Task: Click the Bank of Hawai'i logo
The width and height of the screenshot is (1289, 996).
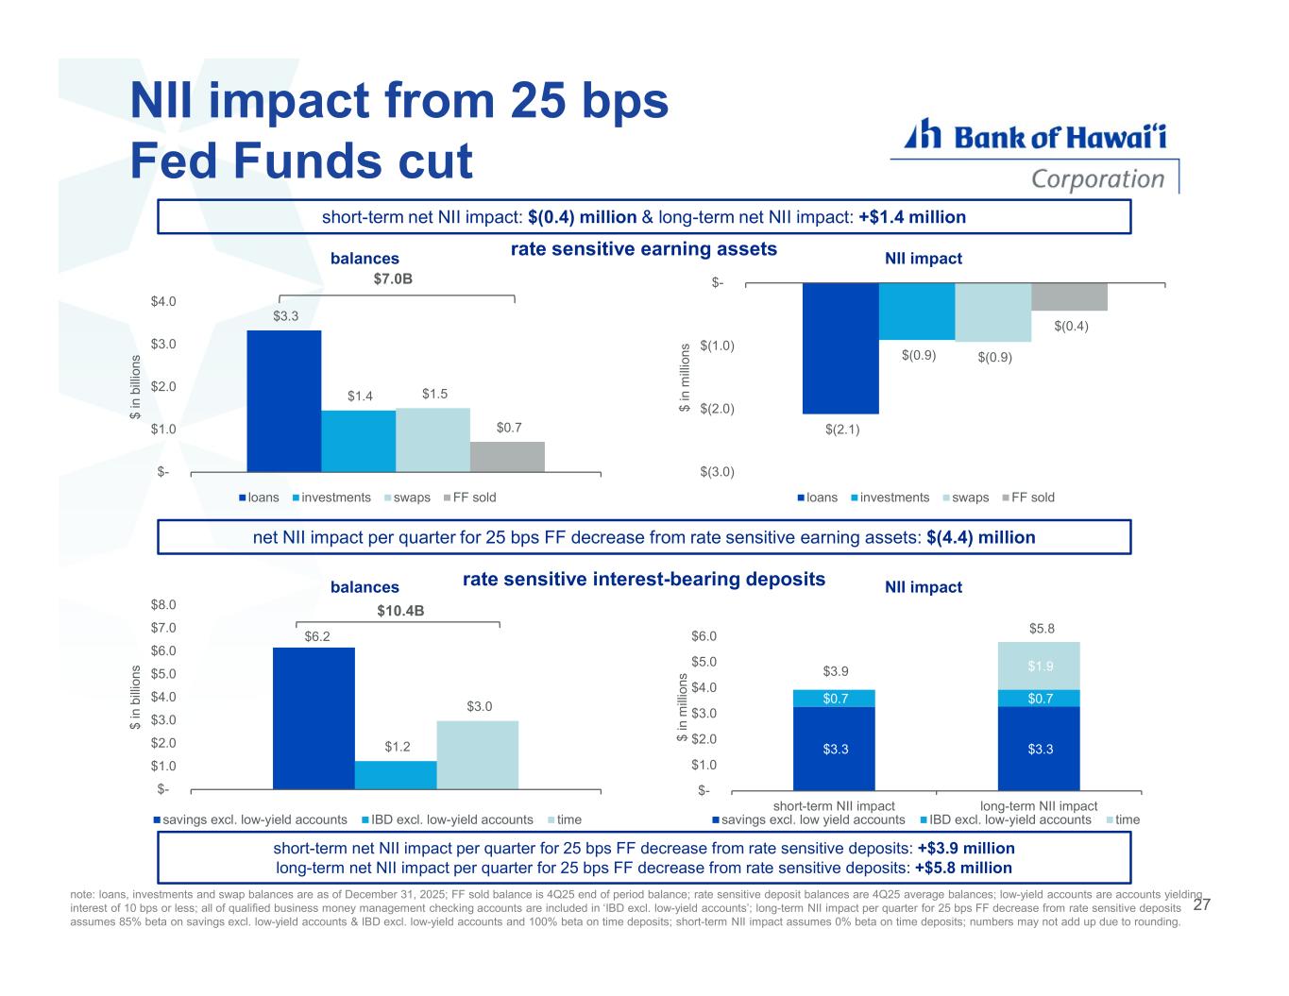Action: tap(1035, 156)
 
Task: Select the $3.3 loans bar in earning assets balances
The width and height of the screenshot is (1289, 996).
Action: tap(283, 400)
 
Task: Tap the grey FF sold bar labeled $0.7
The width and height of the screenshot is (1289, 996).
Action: tap(507, 456)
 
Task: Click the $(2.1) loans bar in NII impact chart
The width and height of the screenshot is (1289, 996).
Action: tap(840, 348)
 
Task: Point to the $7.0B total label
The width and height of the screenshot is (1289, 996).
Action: tap(394, 279)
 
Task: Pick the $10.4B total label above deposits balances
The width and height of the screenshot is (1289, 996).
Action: tap(400, 611)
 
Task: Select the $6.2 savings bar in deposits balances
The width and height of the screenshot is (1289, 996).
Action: tap(314, 717)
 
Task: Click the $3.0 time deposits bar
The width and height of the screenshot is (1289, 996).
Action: tap(477, 754)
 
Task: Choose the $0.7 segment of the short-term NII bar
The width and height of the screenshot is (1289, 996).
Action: tap(834, 699)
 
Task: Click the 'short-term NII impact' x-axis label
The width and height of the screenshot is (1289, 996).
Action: tap(834, 805)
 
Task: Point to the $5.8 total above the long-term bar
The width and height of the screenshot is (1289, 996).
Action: tap(1042, 629)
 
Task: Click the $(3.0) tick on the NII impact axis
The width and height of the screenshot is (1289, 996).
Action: tap(718, 471)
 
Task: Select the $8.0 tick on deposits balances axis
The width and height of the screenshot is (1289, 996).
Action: tap(166, 604)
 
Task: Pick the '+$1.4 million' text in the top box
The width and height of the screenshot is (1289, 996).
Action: tap(912, 217)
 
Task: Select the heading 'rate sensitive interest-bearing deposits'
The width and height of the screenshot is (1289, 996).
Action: tap(644, 579)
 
